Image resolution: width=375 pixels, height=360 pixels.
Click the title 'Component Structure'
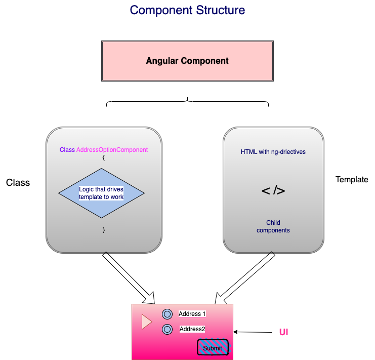(x=187, y=10)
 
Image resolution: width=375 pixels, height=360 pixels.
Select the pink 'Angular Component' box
(x=187, y=61)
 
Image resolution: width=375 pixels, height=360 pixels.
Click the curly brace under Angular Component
(x=187, y=102)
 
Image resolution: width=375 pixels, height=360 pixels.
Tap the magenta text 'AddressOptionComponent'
(x=112, y=150)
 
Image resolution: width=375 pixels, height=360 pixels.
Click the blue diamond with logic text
(x=101, y=193)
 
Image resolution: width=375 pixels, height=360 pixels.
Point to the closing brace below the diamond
(x=104, y=230)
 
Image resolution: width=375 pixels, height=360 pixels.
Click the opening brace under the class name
(x=103, y=157)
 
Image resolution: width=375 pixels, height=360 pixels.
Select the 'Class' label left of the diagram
(x=18, y=183)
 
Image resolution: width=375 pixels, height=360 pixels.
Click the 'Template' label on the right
(x=352, y=180)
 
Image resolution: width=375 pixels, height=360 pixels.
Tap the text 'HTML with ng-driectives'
(x=273, y=152)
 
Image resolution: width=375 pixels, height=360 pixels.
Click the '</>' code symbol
(x=273, y=191)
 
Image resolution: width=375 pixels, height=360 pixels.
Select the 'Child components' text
(x=273, y=226)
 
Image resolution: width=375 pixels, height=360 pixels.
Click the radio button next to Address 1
(x=167, y=314)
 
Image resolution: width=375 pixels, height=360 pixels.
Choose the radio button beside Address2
(x=167, y=330)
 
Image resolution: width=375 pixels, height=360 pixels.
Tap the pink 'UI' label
(x=283, y=333)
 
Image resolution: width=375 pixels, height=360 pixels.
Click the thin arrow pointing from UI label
(x=253, y=333)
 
